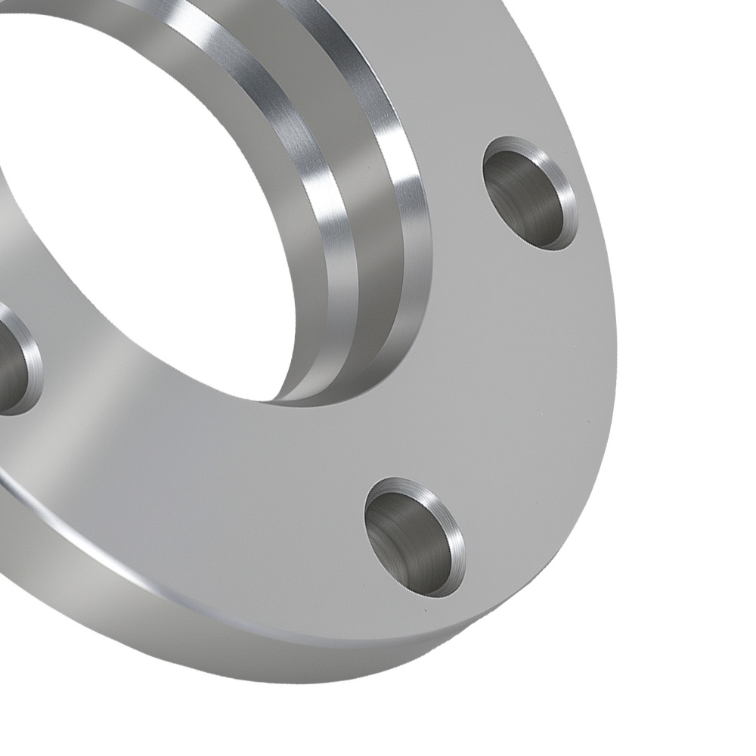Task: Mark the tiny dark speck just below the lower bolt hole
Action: pos(425,609)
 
